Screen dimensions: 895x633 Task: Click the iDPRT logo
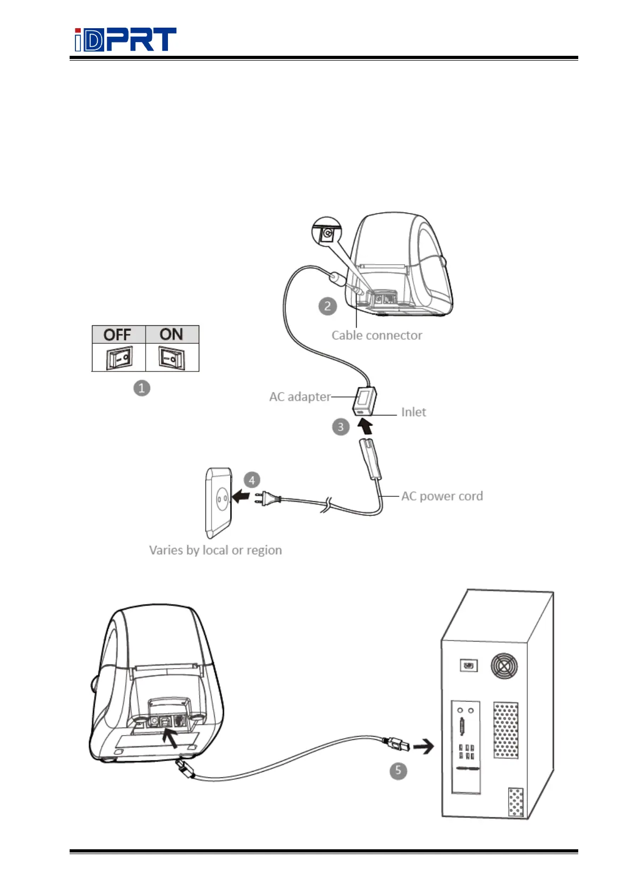(125, 40)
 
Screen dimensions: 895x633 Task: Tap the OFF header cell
(118, 334)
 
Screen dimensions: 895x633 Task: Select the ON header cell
(172, 334)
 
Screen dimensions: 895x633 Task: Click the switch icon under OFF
(119, 358)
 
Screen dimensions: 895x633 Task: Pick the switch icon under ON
(172, 358)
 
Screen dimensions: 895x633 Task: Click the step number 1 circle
(142, 388)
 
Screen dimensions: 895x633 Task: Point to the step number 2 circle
(327, 306)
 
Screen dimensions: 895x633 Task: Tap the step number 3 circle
(341, 427)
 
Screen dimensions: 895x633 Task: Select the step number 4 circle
(252, 480)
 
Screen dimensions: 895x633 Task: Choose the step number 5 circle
(398, 771)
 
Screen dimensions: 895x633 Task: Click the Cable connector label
(377, 335)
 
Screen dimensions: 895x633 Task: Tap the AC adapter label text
(300, 397)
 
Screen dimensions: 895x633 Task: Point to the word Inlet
(413, 412)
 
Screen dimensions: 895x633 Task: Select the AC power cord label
(442, 496)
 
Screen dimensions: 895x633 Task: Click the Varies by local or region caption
(215, 550)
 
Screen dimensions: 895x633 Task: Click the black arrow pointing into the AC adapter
(365, 426)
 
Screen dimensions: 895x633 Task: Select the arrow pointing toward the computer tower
(424, 747)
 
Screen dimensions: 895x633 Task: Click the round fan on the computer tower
(504, 665)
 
